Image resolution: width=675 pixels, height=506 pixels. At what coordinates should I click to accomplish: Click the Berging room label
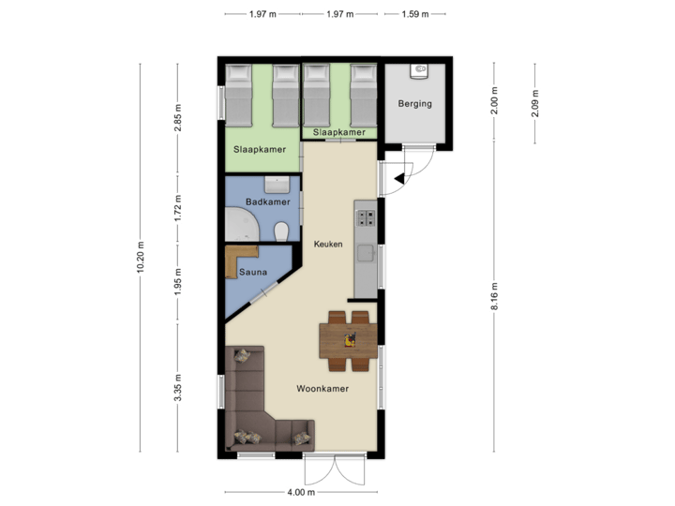click(414, 104)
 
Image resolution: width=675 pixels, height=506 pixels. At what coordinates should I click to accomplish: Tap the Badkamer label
click(268, 202)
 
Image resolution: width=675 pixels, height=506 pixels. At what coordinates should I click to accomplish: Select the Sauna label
click(253, 273)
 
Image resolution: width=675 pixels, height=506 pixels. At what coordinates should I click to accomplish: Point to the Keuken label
click(328, 245)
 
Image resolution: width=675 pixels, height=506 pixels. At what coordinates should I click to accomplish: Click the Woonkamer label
click(323, 389)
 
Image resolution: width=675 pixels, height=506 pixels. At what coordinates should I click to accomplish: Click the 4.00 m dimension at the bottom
click(301, 492)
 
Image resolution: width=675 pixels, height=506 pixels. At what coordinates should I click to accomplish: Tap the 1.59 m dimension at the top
click(414, 14)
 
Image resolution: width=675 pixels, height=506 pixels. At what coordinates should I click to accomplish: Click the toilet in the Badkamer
click(280, 231)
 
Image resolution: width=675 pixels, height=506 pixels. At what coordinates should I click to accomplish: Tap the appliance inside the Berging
click(420, 70)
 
